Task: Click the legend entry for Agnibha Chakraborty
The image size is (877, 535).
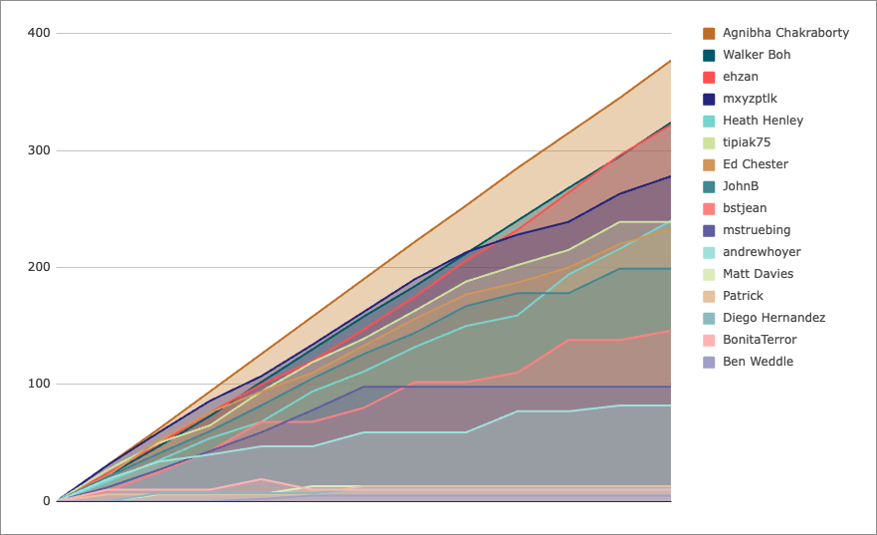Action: coord(785,33)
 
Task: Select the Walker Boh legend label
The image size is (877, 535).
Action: coord(757,55)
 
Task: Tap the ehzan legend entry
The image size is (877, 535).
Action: coord(741,77)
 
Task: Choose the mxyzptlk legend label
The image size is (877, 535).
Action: coord(750,99)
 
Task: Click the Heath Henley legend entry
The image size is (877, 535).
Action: coord(763,121)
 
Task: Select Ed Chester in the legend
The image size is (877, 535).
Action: coord(755,164)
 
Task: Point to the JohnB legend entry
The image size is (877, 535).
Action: coord(741,186)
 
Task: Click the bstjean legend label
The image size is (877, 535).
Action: coord(745,208)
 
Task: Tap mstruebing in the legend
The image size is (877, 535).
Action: coord(755,230)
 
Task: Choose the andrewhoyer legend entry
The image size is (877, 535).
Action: coord(762,252)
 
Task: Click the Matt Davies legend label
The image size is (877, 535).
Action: coord(759,274)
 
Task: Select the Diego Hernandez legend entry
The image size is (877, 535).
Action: coord(773,318)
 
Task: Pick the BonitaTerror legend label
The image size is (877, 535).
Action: coord(760,340)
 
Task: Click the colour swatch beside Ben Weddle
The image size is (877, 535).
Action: coord(710,362)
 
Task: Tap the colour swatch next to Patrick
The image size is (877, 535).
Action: coord(710,296)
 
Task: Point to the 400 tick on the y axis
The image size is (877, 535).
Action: coord(39,34)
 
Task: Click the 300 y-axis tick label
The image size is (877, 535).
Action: coord(39,150)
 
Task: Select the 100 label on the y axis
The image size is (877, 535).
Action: coord(39,384)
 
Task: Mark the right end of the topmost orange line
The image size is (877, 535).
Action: coord(671,61)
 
